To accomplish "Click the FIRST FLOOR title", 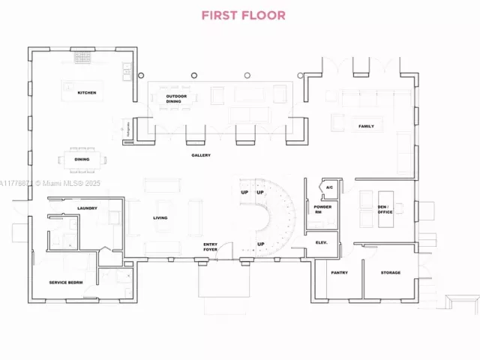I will coord(243,15).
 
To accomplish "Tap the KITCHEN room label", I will coord(87,93).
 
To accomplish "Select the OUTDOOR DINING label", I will coord(176,97).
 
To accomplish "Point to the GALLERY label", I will coord(200,155).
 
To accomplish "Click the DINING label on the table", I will coord(82,159).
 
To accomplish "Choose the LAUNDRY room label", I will coord(86,208).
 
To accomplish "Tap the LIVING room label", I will coord(160,218).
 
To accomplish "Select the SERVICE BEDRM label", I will coord(65,282).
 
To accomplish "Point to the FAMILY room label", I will coord(365,126).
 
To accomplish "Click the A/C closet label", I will coord(328,187).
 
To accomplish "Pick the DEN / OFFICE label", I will coord(385,210).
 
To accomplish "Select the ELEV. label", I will coord(322,242).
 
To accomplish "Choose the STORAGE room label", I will coord(390,272).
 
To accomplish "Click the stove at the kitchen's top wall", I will coord(82,56).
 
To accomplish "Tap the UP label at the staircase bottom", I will coord(261,244).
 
